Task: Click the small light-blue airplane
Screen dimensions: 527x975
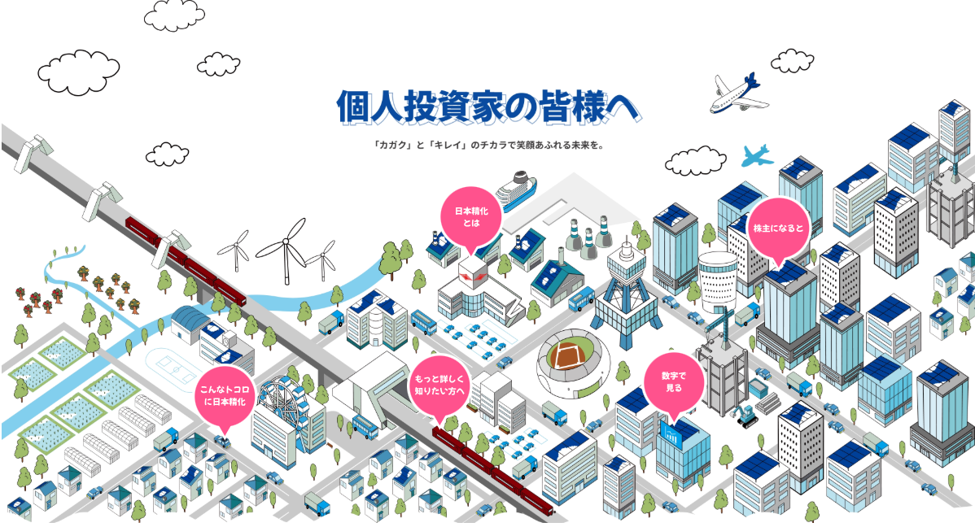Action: [757, 155]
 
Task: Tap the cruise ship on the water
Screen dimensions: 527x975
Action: [516, 190]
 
